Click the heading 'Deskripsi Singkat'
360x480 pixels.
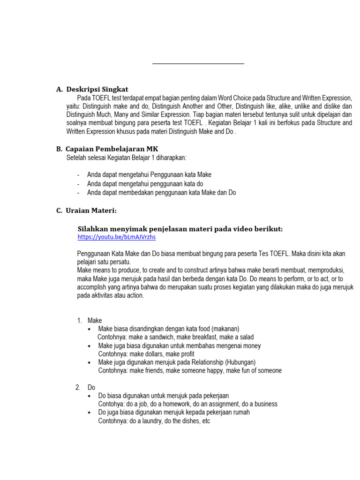tap(97, 89)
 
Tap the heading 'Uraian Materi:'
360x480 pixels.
tap(91, 210)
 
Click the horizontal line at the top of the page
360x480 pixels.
tap(198, 63)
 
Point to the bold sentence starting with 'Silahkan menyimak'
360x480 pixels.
tap(180, 229)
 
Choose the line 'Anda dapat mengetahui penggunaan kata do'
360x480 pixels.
tap(145, 184)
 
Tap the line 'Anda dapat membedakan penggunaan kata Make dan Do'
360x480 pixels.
tap(161, 193)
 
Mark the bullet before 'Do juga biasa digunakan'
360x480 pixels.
tap(90, 412)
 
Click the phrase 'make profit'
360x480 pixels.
tap(181, 354)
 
